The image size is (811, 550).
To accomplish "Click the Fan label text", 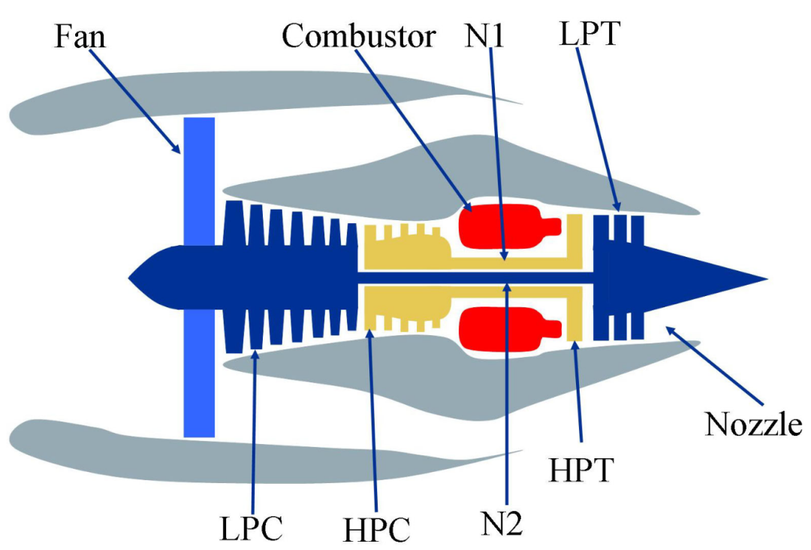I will point(80,35).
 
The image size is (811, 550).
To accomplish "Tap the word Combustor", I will point(358,35).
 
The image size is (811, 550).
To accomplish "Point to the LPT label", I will point(588,33).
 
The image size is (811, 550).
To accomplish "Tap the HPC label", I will point(377,529).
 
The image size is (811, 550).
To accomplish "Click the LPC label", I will point(251,528).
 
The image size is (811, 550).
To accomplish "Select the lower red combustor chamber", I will point(499,329).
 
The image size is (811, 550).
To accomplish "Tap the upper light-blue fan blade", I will point(199,180).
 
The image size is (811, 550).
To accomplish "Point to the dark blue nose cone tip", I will point(132,277).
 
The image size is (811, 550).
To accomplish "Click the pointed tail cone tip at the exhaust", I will point(764,278).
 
